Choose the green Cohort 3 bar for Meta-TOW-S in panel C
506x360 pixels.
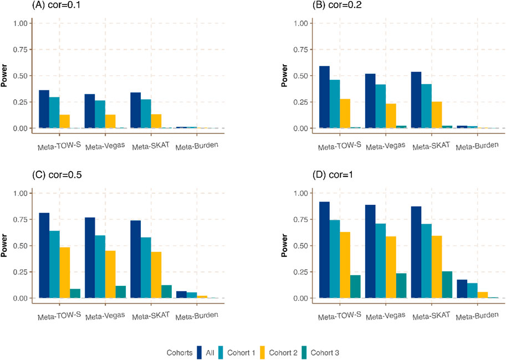tap(75, 293)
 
